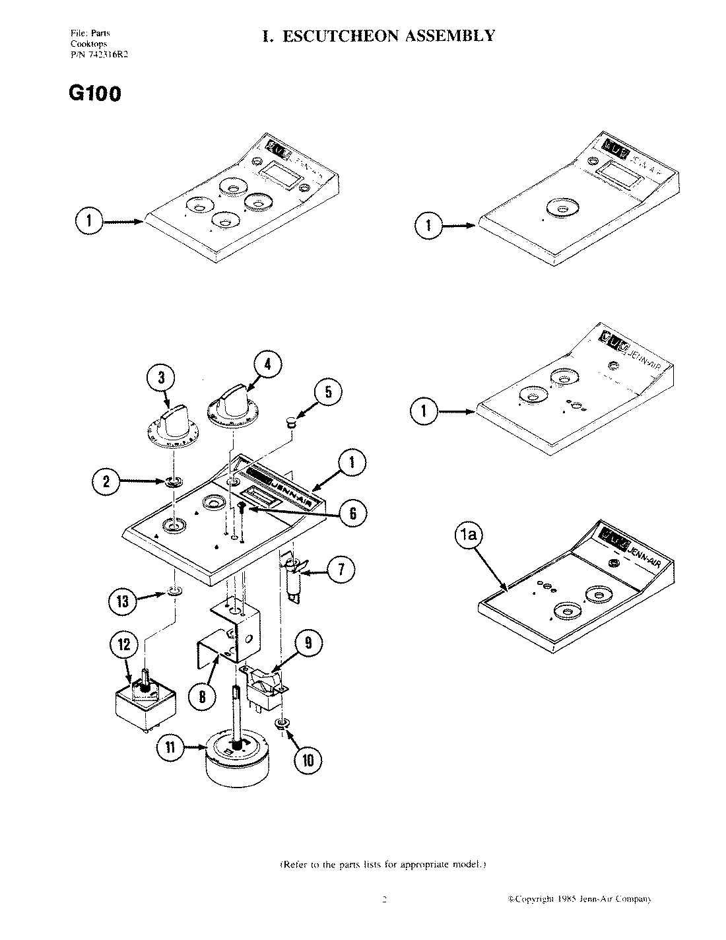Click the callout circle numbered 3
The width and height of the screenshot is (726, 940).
pyautogui.click(x=160, y=380)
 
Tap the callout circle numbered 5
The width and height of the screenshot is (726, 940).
pyautogui.click(x=329, y=393)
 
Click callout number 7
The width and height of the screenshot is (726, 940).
pyautogui.click(x=341, y=570)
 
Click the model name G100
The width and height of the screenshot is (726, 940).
pyautogui.click(x=94, y=94)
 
